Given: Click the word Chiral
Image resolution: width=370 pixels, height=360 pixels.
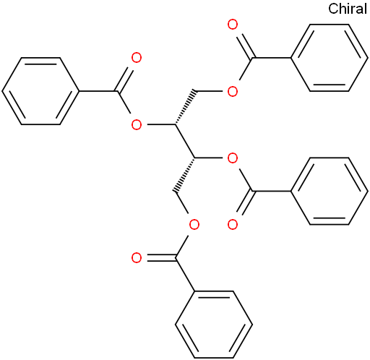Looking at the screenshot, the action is (348, 9).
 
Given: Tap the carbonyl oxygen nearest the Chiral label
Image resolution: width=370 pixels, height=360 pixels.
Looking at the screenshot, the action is (233, 25).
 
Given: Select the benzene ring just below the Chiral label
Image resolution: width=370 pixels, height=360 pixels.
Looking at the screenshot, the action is (330, 58).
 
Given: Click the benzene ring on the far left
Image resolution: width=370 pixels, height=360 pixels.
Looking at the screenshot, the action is (40, 91).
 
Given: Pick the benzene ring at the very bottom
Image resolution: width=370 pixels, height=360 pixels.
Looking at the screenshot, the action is (214, 325).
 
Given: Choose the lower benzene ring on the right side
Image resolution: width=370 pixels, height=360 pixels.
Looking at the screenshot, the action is (330, 191).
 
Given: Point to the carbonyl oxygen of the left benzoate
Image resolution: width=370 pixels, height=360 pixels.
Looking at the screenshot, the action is (137, 58).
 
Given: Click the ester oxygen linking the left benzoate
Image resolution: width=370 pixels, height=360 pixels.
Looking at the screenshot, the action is (137, 124).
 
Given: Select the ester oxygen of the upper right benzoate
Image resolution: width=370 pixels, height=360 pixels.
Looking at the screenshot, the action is (233, 91).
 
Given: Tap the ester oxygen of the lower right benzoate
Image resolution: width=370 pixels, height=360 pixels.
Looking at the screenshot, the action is (233, 158).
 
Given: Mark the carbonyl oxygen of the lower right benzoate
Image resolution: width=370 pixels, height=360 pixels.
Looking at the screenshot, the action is (233, 225).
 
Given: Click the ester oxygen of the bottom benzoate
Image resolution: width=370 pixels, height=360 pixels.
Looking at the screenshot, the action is (194, 225).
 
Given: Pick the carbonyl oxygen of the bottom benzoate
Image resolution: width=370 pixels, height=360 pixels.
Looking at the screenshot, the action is (137, 258).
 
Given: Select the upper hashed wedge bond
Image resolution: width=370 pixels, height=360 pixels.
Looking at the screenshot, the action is (185, 108).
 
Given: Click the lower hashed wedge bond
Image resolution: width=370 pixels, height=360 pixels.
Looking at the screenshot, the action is (185, 175).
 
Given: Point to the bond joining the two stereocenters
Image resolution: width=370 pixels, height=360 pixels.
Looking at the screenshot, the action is (185, 141).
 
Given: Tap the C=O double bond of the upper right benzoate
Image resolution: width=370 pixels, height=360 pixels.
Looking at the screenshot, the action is (245, 46).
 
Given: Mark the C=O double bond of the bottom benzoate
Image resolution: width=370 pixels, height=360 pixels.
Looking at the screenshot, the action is (161, 257).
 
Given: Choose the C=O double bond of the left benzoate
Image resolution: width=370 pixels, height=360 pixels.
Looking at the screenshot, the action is (125, 80).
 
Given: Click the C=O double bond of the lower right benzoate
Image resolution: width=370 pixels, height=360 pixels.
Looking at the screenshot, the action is (245, 202).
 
